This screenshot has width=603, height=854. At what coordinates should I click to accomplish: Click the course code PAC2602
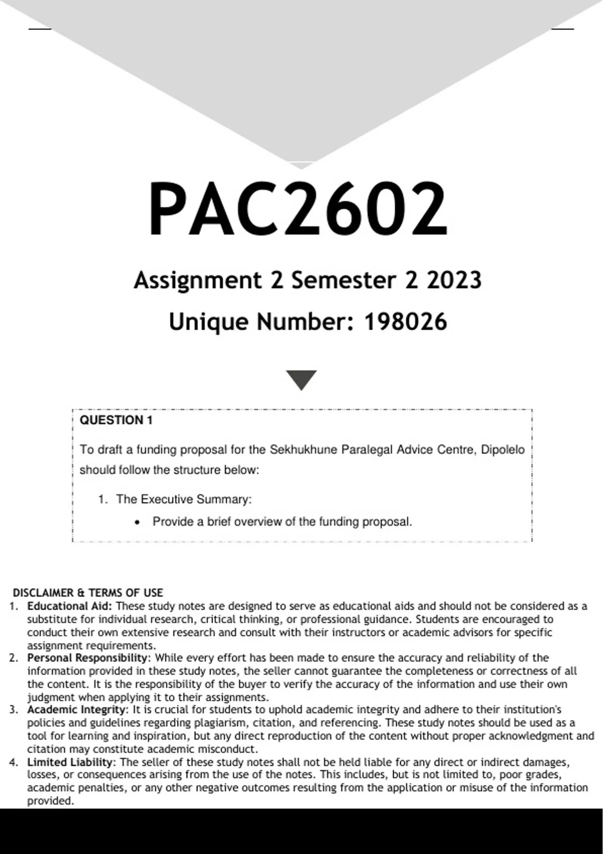pyautogui.click(x=297, y=209)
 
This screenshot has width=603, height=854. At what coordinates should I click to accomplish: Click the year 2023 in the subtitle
pyautogui.click(x=454, y=280)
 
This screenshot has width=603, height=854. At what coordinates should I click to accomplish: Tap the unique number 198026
pyautogui.click(x=405, y=322)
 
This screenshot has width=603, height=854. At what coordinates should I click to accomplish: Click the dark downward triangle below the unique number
pyautogui.click(x=301, y=380)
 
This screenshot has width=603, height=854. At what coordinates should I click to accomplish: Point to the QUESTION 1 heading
pyautogui.click(x=116, y=420)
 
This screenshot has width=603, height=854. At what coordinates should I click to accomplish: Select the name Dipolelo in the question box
pyautogui.click(x=502, y=450)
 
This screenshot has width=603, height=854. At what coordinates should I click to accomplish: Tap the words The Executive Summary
pyautogui.click(x=183, y=499)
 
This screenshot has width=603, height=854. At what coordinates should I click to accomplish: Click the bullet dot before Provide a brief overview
pyautogui.click(x=137, y=522)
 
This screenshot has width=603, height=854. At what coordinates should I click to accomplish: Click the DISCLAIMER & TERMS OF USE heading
pyautogui.click(x=88, y=593)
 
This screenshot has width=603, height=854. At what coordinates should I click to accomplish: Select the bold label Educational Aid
pyautogui.click(x=69, y=606)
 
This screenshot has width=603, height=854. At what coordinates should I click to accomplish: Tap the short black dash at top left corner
pyautogui.click(x=40, y=29)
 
